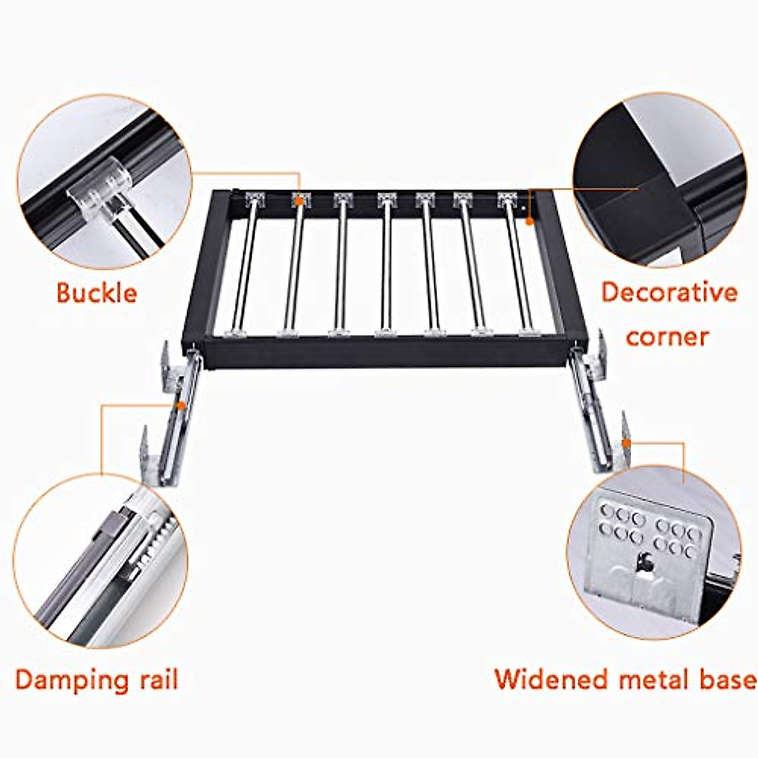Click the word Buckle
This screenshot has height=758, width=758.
coord(97,293)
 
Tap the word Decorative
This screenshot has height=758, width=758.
coord(669,292)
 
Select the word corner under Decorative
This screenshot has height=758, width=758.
coord(667,336)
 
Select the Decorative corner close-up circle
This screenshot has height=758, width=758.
coord(660,180)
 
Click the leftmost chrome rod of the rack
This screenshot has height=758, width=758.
coord(249,265)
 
